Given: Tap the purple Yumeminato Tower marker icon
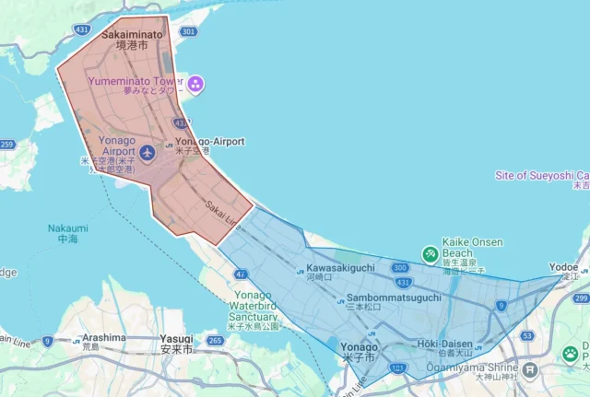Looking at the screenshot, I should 196,86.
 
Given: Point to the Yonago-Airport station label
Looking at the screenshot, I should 209,142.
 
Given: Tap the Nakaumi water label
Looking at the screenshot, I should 67,232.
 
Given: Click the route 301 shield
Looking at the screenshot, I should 188,31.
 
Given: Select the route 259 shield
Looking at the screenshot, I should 7,145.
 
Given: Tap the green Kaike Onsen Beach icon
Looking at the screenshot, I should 430,253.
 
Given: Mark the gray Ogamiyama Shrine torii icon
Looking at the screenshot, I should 529,370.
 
